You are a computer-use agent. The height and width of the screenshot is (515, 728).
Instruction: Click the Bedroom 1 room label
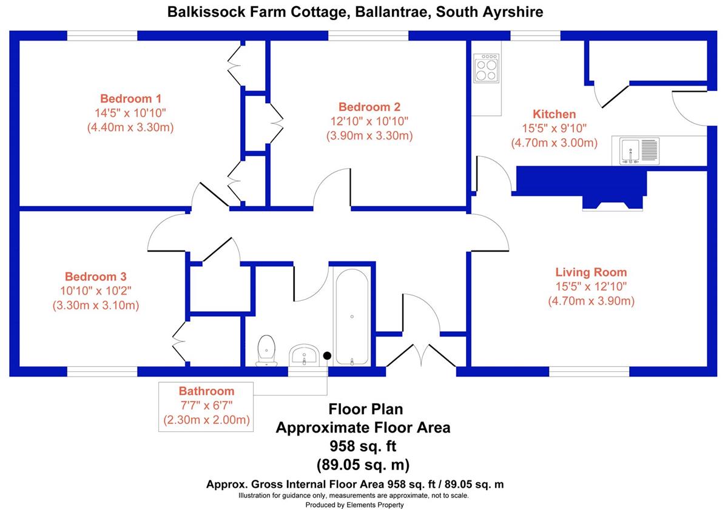pyautogui.click(x=130, y=98)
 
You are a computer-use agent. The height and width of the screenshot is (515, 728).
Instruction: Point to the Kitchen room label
pyautogui.click(x=554, y=114)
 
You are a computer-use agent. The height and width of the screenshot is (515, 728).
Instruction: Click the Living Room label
pyautogui.click(x=591, y=272)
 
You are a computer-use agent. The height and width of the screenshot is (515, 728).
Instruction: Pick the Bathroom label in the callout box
pyautogui.click(x=206, y=391)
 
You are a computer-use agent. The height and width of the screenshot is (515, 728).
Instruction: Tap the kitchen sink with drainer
pyautogui.click(x=638, y=150)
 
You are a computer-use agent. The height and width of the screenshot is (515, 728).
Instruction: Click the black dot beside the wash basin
pyautogui.click(x=327, y=356)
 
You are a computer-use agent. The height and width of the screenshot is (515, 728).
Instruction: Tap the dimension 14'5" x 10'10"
pyautogui.click(x=130, y=113)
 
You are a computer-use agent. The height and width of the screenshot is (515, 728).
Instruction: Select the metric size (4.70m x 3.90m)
pyautogui.click(x=591, y=301)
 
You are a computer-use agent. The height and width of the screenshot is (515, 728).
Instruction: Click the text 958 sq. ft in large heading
pyautogui.click(x=363, y=446)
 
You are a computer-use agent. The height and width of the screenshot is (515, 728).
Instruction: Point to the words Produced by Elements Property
pyautogui.click(x=354, y=505)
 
